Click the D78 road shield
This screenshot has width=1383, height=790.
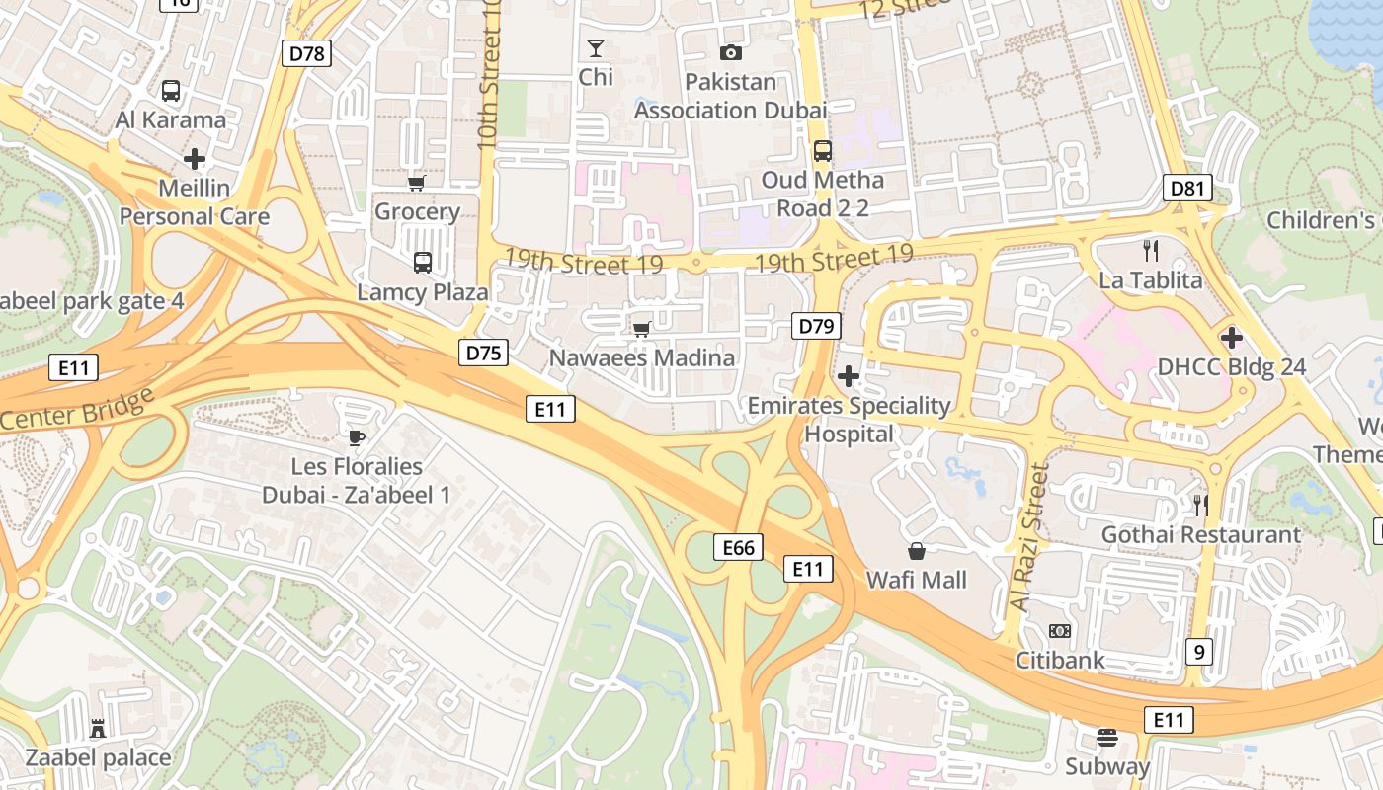(x=306, y=53)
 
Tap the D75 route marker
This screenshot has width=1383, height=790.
(x=483, y=353)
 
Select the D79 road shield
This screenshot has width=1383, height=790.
(x=817, y=326)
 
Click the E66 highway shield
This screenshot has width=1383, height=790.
(x=739, y=547)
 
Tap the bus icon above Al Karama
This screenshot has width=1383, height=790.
(x=171, y=91)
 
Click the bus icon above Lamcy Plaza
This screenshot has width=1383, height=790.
(x=423, y=263)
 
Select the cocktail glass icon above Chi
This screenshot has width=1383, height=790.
(x=596, y=48)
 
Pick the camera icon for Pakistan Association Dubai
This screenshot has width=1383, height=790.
(x=731, y=53)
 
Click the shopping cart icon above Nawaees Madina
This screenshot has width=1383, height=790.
(x=642, y=329)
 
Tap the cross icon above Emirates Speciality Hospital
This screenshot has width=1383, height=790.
(x=848, y=376)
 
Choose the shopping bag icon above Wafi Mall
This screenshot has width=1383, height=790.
(x=917, y=551)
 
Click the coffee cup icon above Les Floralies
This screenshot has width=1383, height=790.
(x=356, y=437)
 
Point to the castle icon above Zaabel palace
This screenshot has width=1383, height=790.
(x=98, y=729)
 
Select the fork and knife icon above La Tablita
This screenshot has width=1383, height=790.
(x=1150, y=251)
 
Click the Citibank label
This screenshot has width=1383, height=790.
(x=1060, y=660)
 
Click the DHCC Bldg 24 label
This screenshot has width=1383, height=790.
(x=1231, y=367)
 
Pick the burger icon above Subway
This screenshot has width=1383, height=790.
(x=1106, y=738)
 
